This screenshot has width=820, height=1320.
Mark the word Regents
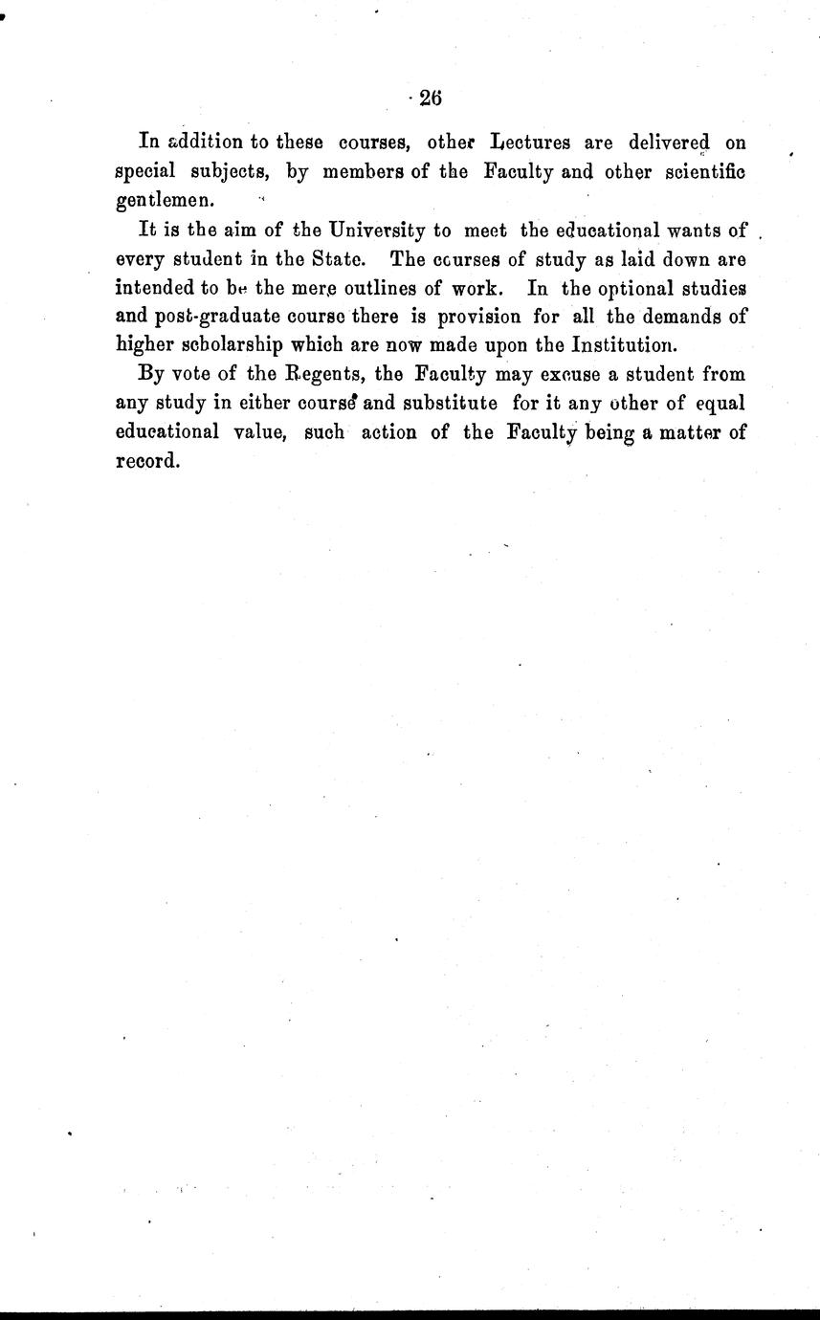317,374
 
